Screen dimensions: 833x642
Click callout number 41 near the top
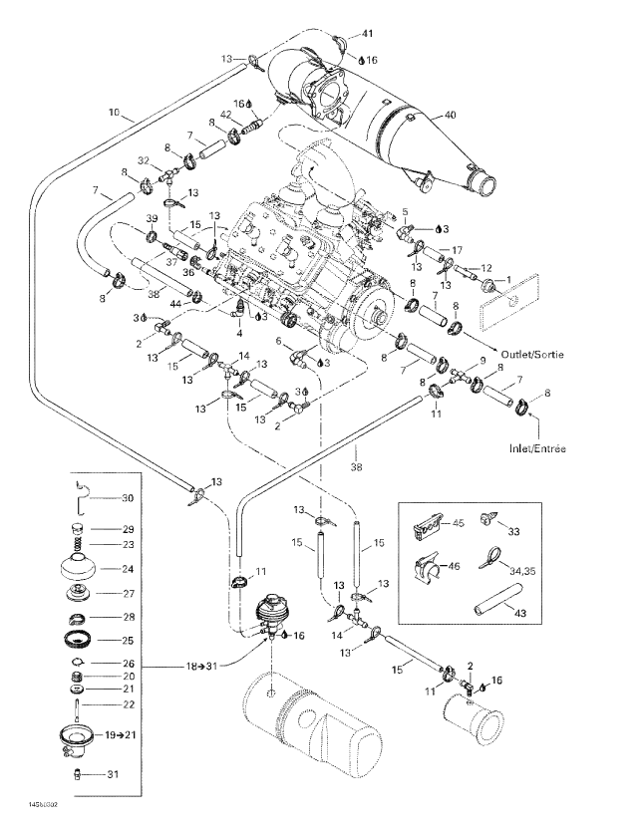368,35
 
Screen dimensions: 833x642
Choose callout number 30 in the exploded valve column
127,498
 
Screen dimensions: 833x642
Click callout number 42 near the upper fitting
226,115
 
